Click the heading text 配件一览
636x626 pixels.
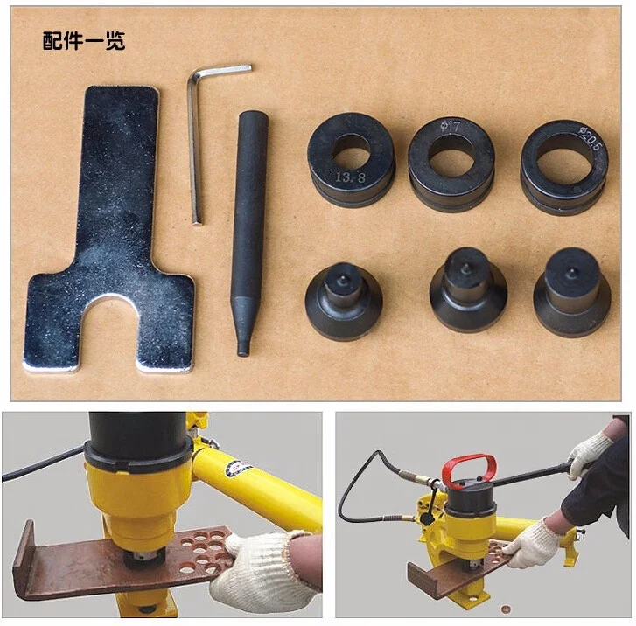[84, 41]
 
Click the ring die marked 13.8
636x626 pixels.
[351, 163]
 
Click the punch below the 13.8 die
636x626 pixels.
[343, 298]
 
